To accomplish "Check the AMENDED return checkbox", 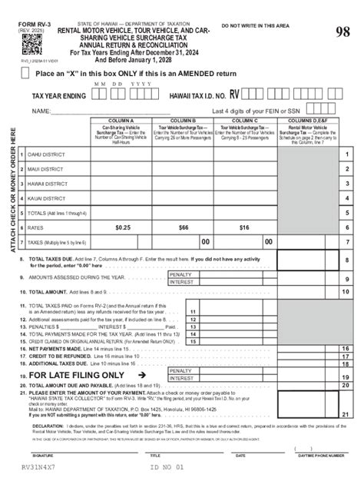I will [x=26, y=73].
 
